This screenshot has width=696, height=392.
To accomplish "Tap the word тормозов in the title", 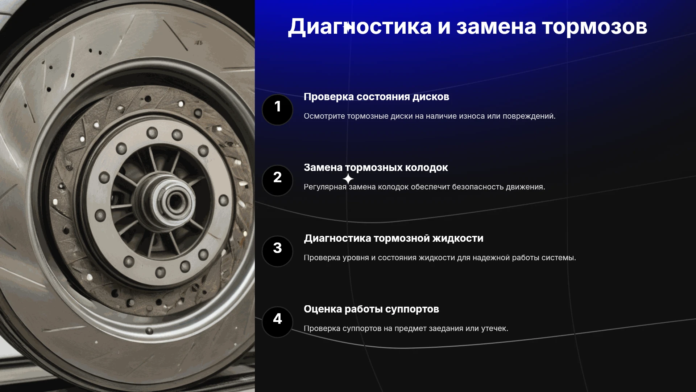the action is [x=594, y=27].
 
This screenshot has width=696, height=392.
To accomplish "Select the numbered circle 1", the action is [x=277, y=110].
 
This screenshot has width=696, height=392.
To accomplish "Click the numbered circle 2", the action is [x=277, y=180].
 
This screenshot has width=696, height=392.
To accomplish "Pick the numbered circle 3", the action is [x=277, y=251].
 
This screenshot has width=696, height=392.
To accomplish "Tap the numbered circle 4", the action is [x=277, y=322].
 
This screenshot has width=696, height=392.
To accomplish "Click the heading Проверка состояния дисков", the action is [x=376, y=97].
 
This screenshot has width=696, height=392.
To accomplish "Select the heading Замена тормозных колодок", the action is [x=376, y=168].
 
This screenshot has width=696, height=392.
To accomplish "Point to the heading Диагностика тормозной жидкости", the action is [x=394, y=238].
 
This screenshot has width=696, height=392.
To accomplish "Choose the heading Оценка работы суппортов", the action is [x=371, y=309].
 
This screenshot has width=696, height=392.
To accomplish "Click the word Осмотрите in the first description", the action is [x=324, y=116].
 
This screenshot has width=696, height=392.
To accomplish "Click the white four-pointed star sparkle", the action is [x=348, y=179].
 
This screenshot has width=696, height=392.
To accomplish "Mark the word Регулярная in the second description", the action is [x=325, y=187].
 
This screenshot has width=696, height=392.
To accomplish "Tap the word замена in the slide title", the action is [x=496, y=27].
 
